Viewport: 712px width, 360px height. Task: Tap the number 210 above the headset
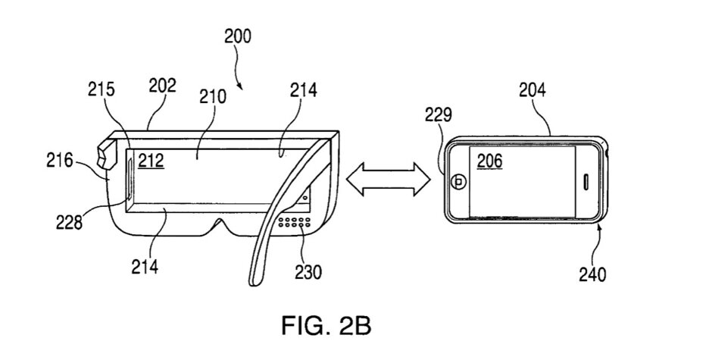pyautogui.click(x=213, y=97)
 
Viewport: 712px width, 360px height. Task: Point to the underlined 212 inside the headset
pyautogui.click(x=151, y=160)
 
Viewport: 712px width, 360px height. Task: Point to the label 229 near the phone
pyautogui.click(x=438, y=115)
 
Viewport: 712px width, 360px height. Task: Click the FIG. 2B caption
pyautogui.click(x=326, y=327)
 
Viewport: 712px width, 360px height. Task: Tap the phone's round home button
pyautogui.click(x=458, y=183)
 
